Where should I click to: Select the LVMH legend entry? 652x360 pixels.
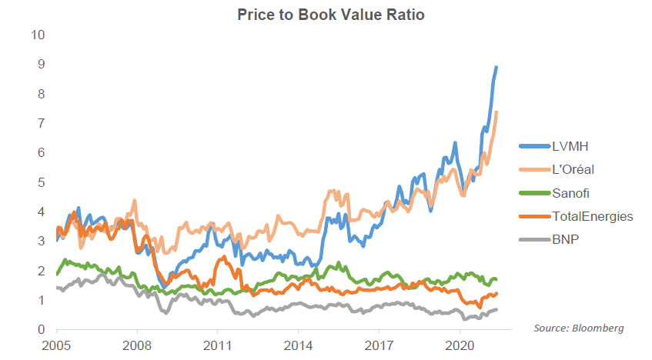573,145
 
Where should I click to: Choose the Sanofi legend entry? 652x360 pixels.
574,192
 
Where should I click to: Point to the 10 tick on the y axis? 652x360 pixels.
38,35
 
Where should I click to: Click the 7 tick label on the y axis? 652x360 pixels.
42,123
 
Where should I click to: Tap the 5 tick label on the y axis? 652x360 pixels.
42,182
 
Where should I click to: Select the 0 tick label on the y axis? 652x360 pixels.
42,329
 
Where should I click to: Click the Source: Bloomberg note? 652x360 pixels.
578,328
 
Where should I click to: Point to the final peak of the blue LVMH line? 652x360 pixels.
497,68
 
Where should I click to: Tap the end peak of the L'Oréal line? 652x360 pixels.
497,112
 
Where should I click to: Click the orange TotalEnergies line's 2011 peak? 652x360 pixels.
223,257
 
